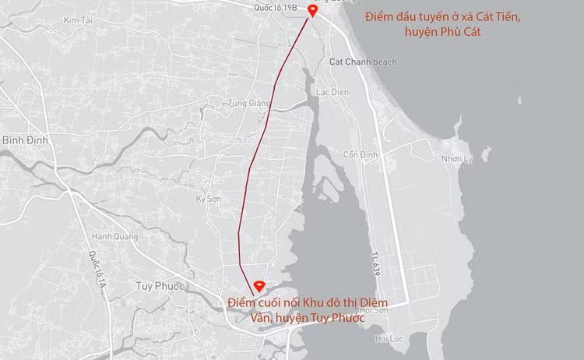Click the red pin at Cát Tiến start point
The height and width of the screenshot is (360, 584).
click(x=312, y=10)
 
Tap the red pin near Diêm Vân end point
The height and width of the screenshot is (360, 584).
click(x=260, y=285)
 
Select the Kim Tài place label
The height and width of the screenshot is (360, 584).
click(x=77, y=19)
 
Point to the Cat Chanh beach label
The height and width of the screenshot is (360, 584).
click(x=363, y=62)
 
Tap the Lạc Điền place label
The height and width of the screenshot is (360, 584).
click(x=331, y=91)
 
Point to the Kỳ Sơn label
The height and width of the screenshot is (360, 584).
click(x=209, y=199)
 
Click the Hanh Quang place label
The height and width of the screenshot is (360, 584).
click(x=111, y=236)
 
